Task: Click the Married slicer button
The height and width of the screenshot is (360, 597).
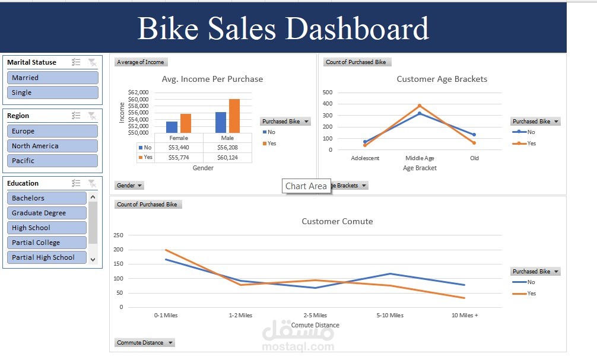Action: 52,78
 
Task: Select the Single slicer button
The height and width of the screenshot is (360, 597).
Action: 52,93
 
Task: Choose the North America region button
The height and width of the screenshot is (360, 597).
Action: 52,146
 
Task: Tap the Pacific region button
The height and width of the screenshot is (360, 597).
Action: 52,161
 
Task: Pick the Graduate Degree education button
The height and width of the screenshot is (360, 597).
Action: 47,213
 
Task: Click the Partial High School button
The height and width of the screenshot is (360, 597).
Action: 47,257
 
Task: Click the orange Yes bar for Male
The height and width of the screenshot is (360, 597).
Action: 234,116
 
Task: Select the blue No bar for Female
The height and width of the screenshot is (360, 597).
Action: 172,127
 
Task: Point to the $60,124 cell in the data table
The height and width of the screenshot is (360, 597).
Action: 227,158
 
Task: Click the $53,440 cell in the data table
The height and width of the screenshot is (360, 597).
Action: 178,148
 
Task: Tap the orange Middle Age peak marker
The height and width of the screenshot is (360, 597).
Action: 420,106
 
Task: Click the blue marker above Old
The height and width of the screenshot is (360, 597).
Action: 474,135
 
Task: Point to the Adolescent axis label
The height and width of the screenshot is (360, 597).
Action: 365,158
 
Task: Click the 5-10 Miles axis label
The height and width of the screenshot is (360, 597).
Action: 390,316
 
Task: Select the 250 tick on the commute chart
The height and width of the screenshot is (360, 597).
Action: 118,235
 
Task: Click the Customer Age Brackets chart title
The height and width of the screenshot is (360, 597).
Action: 442,79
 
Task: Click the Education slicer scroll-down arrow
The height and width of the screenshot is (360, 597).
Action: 93,258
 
